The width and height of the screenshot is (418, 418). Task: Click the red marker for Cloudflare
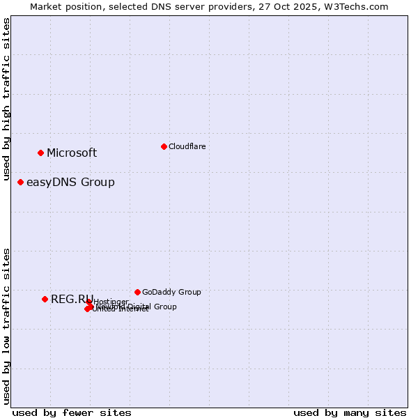[x=164, y=146]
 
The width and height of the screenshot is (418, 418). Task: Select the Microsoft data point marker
[x=40, y=153]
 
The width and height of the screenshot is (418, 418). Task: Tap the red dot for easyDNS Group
[x=20, y=182]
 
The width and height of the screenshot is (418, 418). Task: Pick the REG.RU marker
[x=45, y=299]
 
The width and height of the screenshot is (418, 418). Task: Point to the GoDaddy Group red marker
[x=137, y=292]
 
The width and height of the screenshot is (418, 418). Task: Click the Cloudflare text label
[x=187, y=146]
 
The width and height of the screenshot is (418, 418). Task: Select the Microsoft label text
[x=72, y=153]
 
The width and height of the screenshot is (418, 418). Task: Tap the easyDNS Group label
[x=70, y=183]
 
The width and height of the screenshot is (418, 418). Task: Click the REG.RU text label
[x=72, y=300]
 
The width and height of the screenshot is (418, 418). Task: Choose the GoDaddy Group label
[x=171, y=293]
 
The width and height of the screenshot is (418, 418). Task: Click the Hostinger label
[x=111, y=302]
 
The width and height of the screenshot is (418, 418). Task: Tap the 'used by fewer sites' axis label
[x=72, y=412]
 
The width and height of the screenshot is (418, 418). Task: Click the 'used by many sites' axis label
[x=350, y=412]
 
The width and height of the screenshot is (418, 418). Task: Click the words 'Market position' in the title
[x=63, y=6]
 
